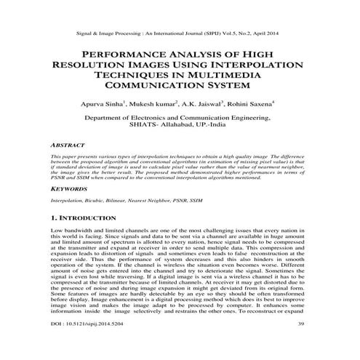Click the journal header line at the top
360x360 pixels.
tap(179, 33)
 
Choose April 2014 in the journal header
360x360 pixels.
tap(267, 33)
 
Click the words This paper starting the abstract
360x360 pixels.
tap(65, 156)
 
